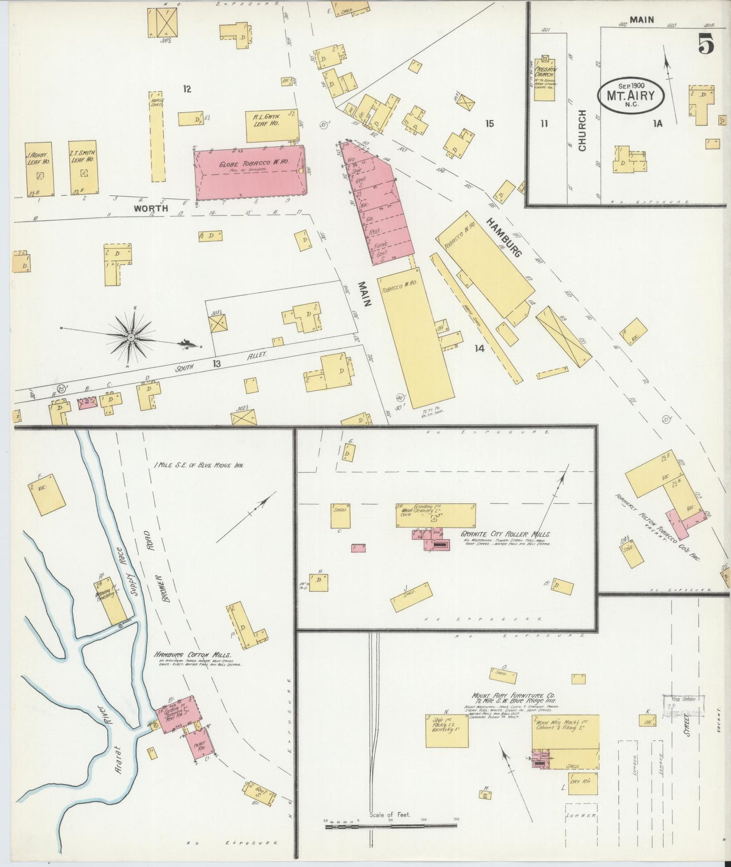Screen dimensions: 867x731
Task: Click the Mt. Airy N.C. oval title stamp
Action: point(631,95)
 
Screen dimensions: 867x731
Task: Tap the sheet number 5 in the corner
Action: point(706,45)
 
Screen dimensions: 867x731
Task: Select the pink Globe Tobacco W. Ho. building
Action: point(250,172)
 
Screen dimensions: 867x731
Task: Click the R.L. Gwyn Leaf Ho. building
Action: point(272,125)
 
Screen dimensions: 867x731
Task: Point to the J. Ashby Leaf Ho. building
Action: point(39,169)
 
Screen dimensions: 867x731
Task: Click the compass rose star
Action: point(131,337)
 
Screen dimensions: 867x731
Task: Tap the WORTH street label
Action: point(150,208)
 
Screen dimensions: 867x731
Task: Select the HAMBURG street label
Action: point(504,237)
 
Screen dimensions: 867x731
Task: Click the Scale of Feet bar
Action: point(391,826)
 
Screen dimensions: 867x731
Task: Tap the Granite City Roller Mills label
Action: point(505,534)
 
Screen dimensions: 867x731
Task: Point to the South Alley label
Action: point(220,363)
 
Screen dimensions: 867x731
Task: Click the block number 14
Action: point(479,348)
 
